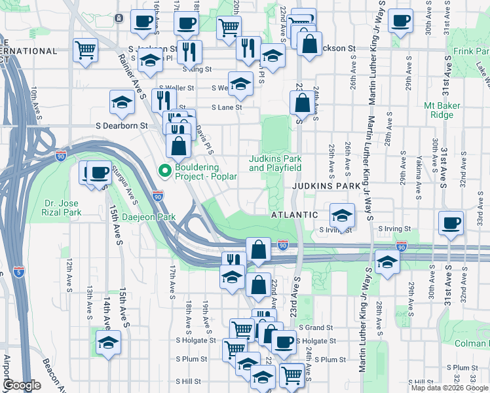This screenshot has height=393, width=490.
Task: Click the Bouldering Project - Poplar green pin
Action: (165, 172)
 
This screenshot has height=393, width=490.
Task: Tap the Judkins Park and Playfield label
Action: (275, 163)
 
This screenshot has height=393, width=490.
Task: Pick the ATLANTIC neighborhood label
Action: (294, 215)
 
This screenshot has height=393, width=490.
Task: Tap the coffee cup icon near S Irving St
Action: (451, 223)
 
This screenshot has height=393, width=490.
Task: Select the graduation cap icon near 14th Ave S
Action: (109, 343)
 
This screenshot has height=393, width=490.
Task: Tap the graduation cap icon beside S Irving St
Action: (342, 215)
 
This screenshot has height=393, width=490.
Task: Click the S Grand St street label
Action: (316, 327)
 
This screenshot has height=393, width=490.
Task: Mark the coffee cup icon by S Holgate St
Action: (283, 341)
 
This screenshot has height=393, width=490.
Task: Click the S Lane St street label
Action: (226, 107)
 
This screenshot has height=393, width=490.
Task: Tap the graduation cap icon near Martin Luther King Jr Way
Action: (387, 263)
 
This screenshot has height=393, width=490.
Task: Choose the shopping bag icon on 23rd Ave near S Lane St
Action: (302, 103)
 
